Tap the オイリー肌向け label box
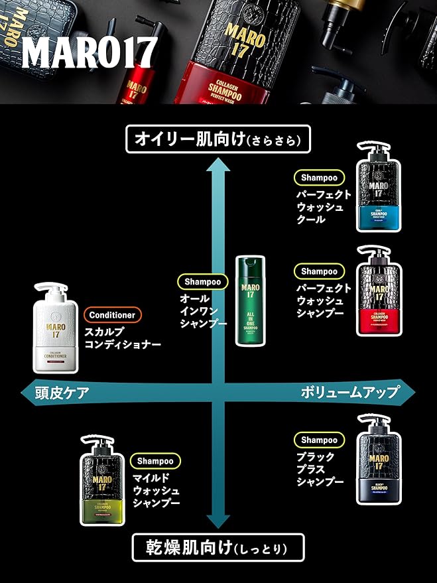coord(218,140)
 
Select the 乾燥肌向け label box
coord(218,548)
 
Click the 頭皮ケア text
coord(63,392)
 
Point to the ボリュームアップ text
coord(349,392)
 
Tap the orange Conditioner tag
coord(112,315)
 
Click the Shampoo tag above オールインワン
coord(202,282)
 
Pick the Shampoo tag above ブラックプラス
coord(319,440)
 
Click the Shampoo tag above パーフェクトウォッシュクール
coord(319,178)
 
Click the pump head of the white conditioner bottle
coord(50,291)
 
